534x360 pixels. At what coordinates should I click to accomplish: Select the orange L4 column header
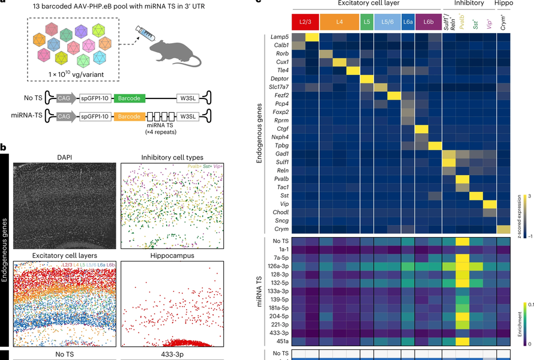pos(339,22)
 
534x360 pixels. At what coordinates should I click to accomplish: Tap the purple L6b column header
pos(428,22)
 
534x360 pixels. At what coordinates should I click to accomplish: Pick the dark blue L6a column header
pos(407,22)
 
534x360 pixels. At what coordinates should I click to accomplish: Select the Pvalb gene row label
pos(279,179)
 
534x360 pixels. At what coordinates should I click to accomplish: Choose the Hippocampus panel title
pos(172,256)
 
